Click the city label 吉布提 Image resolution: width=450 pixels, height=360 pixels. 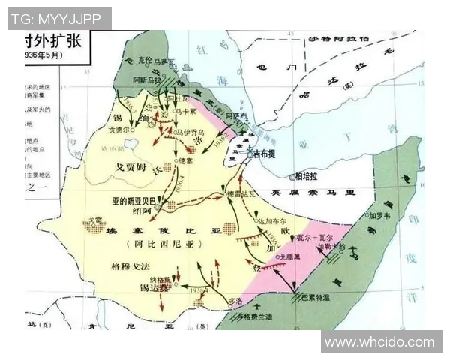[x=268, y=154]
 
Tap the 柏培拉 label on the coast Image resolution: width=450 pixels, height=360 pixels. [x=307, y=177]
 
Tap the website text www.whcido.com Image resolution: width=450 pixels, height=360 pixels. [x=379, y=342]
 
